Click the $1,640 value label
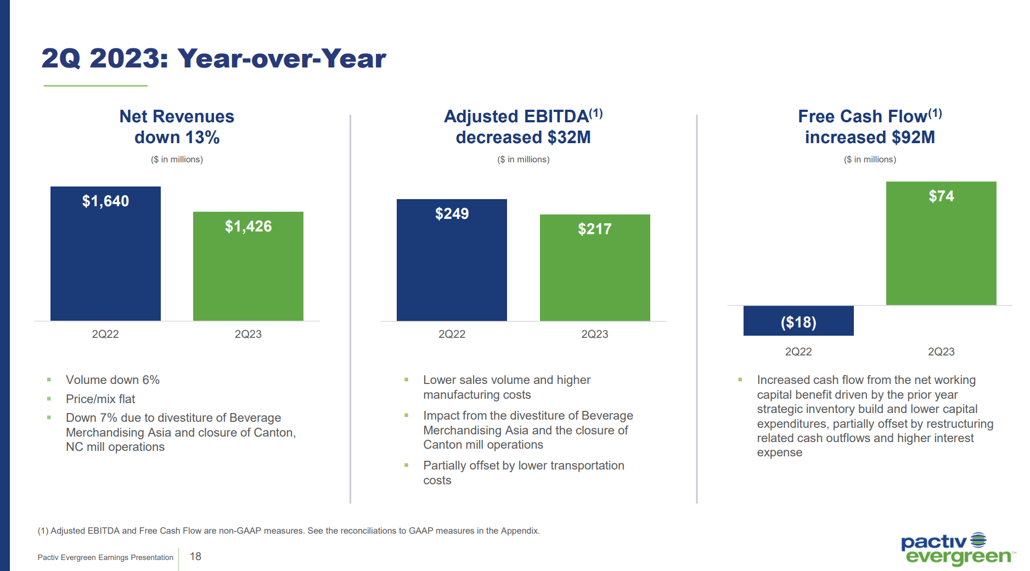(x=105, y=201)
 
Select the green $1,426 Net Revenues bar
(x=248, y=274)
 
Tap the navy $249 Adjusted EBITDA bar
(x=452, y=269)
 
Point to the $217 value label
(x=594, y=229)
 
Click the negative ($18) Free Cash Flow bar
(x=798, y=321)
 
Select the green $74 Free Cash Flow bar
(x=941, y=252)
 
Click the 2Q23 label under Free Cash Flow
(x=941, y=352)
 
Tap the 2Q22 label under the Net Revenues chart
(x=105, y=334)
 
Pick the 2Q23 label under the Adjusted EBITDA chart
(x=594, y=334)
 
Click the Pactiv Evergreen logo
(x=958, y=549)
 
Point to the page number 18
(x=195, y=556)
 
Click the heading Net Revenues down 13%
(x=177, y=127)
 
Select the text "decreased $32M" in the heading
(x=523, y=137)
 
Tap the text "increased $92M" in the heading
(x=870, y=137)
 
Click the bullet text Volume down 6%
(x=112, y=380)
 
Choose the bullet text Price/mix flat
(x=100, y=399)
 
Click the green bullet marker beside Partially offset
(x=407, y=465)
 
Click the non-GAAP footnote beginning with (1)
(x=289, y=530)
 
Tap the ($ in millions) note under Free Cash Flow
(x=870, y=160)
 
